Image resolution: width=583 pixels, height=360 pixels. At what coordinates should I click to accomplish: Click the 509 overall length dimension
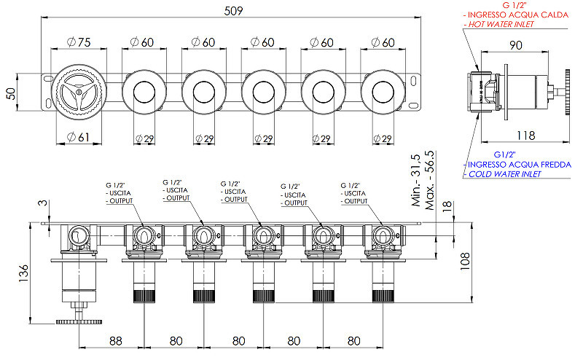point(233,11)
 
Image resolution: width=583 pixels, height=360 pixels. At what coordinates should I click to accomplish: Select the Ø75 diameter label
point(79,42)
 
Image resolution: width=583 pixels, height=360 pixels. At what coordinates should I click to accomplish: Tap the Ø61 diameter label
point(79,137)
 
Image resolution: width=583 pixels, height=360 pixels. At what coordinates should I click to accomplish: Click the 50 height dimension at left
point(11,93)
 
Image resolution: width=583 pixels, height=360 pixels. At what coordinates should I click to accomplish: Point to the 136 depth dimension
point(23,273)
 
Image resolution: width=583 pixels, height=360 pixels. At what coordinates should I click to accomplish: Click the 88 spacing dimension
point(116,340)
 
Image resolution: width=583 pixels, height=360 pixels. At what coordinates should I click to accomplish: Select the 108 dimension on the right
point(465,262)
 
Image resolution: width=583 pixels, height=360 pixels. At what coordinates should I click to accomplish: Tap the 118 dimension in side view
point(525,136)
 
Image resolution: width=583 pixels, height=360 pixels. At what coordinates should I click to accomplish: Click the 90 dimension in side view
point(516,45)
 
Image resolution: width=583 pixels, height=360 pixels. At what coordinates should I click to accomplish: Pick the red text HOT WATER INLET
point(501,24)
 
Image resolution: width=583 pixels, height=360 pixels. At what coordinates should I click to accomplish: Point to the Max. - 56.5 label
point(429,180)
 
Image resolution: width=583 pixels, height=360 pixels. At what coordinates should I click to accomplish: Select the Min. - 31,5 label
point(415,181)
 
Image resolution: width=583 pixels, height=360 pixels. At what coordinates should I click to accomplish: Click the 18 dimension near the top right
point(447,206)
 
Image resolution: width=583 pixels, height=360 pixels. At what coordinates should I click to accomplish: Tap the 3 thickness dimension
point(44,203)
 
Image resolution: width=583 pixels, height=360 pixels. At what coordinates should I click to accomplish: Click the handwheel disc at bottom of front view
point(79,321)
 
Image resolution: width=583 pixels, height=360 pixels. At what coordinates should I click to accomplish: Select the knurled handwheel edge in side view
point(568,92)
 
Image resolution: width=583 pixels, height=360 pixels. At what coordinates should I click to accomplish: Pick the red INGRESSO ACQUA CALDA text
point(518,15)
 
